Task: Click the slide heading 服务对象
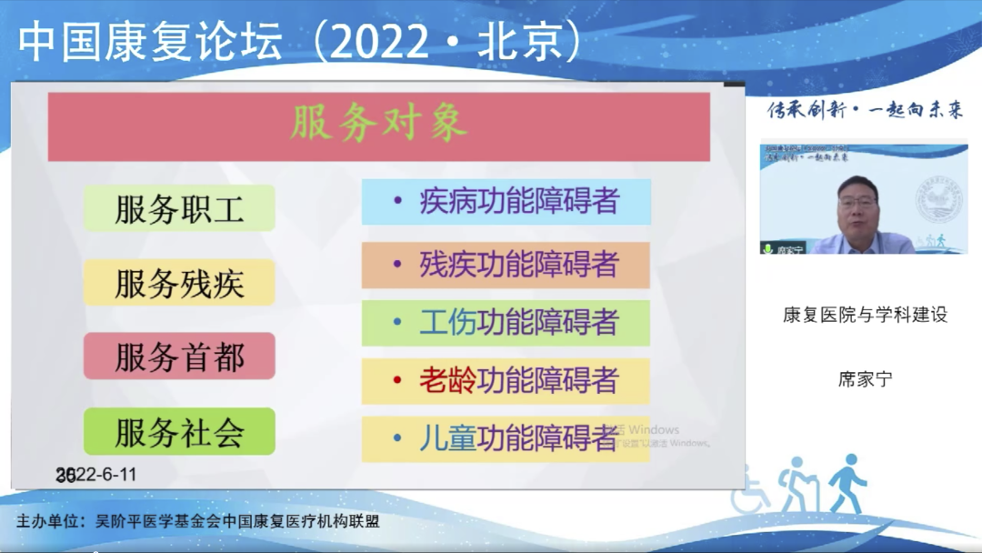tap(378, 125)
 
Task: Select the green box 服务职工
tap(179, 209)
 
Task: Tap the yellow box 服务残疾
tap(179, 283)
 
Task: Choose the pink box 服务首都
tap(179, 357)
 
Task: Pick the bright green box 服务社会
tap(179, 432)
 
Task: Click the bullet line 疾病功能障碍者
tap(518, 202)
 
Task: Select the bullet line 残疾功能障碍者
tap(518, 264)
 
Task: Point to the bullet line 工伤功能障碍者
tap(518, 322)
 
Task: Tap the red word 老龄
tap(447, 380)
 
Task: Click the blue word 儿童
tap(447, 438)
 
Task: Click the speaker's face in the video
tap(857, 203)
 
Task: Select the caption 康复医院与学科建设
tap(865, 315)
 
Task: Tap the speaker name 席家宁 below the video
tap(865, 379)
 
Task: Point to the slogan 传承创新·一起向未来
tap(865, 111)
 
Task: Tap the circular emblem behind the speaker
tap(937, 200)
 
